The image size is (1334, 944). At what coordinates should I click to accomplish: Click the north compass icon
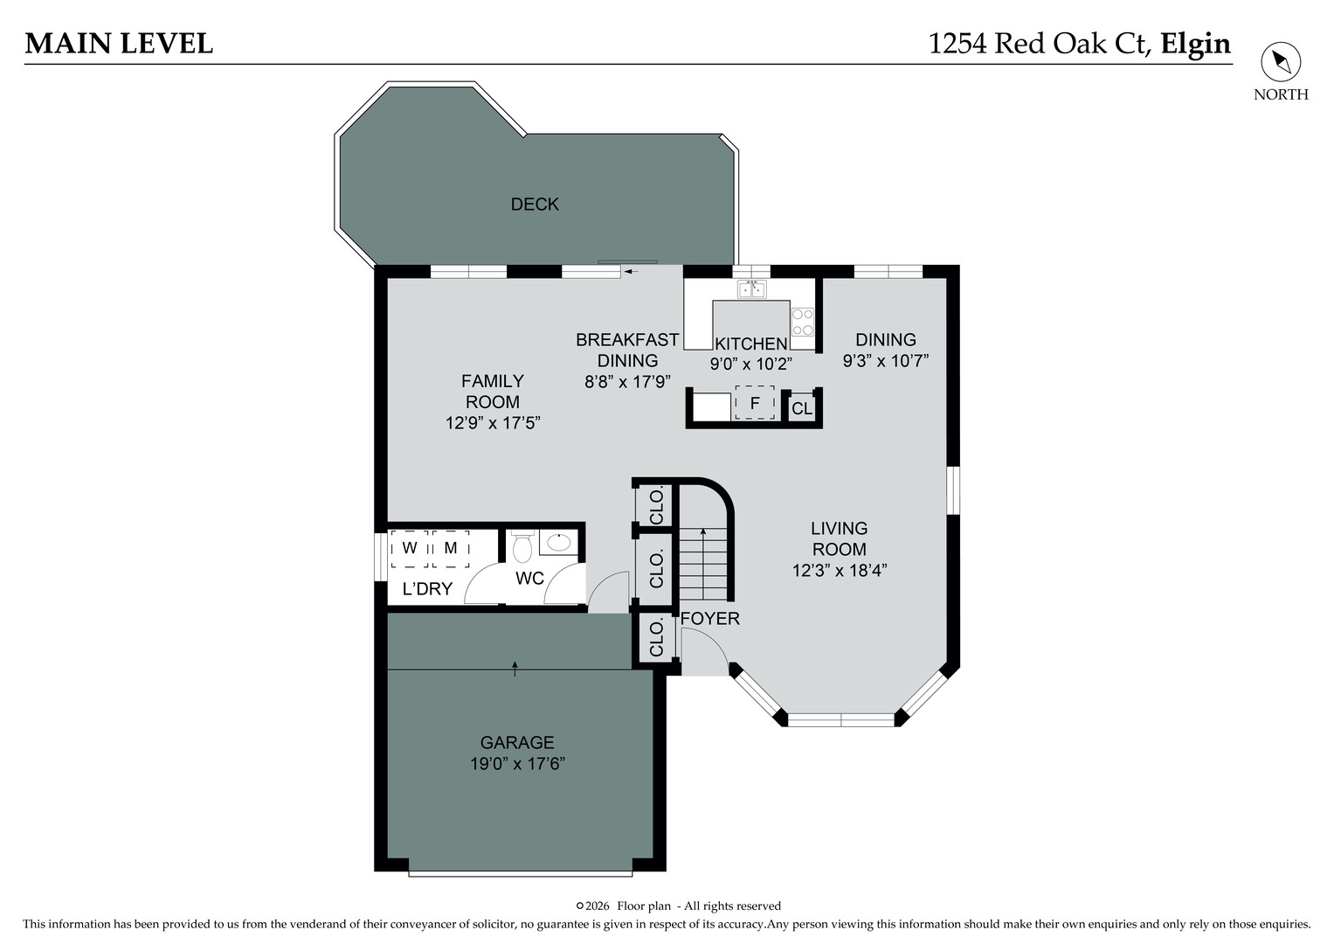point(1281,62)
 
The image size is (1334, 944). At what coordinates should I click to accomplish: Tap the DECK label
point(535,204)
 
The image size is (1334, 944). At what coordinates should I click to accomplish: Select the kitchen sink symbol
point(751,288)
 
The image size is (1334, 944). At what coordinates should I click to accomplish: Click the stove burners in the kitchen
point(803,321)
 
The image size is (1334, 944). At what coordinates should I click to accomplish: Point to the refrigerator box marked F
point(755,403)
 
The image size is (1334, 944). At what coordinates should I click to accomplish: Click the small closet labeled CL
point(802,408)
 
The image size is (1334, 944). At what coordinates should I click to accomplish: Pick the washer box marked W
point(409,549)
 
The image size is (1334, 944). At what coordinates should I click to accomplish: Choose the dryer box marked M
point(451,549)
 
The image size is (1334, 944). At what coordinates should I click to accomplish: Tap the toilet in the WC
point(522,548)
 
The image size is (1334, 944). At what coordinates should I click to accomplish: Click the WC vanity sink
point(557,542)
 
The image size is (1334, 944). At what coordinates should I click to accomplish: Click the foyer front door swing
point(704,651)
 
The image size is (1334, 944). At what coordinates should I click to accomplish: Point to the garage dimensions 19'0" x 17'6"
point(517,763)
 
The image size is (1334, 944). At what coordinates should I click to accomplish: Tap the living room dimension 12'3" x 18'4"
point(840,571)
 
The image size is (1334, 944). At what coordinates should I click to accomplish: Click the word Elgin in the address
point(1195,43)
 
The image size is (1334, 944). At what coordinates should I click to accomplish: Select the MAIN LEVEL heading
point(119,43)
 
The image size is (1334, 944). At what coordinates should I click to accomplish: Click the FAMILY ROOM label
point(493,391)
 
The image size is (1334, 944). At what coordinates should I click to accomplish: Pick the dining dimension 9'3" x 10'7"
point(885,360)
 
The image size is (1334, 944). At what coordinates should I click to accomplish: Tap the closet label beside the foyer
point(657,638)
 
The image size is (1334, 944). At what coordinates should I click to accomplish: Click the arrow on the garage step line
point(515,669)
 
